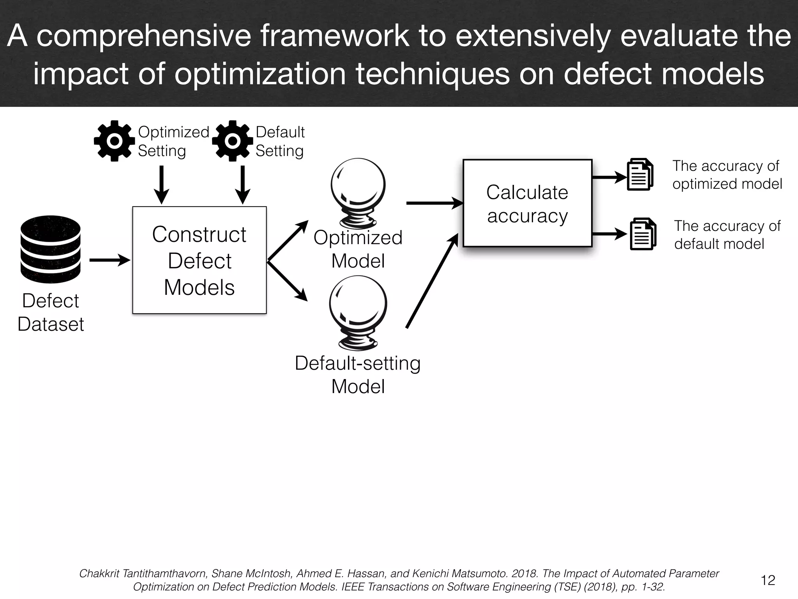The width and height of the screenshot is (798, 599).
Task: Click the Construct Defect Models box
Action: (x=199, y=260)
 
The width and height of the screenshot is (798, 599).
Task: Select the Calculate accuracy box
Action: (x=527, y=203)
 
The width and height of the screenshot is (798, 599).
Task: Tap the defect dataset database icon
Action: (x=50, y=249)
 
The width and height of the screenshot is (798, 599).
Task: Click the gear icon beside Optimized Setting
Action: (x=114, y=141)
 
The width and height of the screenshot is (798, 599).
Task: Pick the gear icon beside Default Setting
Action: (x=232, y=141)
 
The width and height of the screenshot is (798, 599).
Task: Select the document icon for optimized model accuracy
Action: (x=640, y=174)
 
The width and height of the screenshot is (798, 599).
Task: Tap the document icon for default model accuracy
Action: (x=643, y=234)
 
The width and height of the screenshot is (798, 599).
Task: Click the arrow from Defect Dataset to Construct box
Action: (x=109, y=260)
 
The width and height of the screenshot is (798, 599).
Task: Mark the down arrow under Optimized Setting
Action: (x=161, y=184)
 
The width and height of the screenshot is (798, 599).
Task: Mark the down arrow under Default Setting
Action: (x=242, y=184)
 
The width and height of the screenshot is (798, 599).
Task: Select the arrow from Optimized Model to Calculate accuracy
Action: (x=434, y=203)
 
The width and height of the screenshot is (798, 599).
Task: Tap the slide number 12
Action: (x=768, y=580)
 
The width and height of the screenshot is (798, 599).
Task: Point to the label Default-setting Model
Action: (x=358, y=374)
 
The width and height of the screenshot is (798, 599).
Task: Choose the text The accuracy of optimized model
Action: (x=727, y=175)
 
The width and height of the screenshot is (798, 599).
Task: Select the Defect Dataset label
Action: (x=51, y=312)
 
